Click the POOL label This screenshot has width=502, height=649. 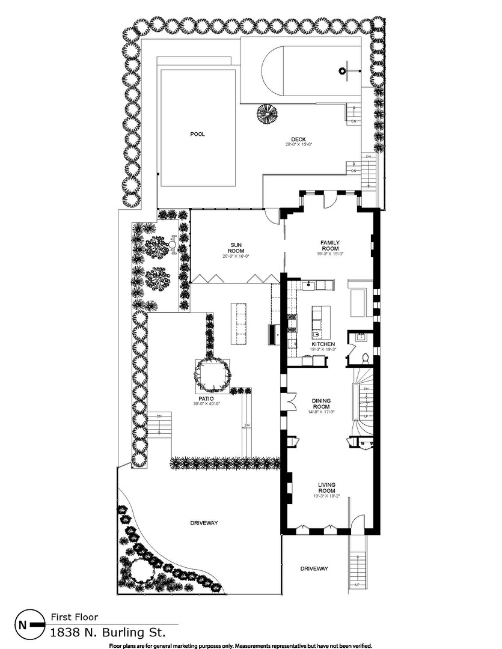(x=198, y=134)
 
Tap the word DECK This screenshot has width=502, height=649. (x=299, y=139)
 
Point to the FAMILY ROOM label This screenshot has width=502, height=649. (x=329, y=246)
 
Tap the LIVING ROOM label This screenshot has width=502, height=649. (x=326, y=487)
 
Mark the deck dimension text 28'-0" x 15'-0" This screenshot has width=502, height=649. (x=299, y=145)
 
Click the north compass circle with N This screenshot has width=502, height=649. (x=23, y=625)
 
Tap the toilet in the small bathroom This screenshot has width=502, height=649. (x=365, y=358)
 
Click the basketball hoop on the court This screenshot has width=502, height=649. (x=343, y=71)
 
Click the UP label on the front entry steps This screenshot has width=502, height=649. (x=358, y=585)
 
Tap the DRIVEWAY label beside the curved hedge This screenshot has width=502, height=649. (x=203, y=523)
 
